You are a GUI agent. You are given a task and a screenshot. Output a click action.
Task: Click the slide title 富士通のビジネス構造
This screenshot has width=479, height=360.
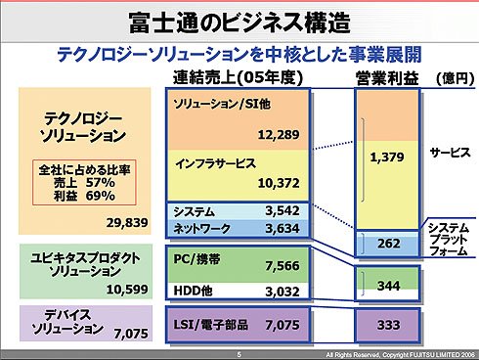click(239, 22)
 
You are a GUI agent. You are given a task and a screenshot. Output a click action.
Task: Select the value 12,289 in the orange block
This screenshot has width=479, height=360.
click(279, 135)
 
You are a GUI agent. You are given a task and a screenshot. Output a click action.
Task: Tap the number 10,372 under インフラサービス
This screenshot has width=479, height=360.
click(279, 183)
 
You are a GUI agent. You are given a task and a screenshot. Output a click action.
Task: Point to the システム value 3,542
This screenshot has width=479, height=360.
click(283, 210)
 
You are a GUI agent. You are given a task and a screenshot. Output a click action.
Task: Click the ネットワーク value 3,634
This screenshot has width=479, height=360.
click(283, 228)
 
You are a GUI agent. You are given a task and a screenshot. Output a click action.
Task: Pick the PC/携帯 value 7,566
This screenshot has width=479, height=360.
click(283, 266)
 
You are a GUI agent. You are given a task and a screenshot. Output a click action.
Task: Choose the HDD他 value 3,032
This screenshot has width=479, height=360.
click(283, 292)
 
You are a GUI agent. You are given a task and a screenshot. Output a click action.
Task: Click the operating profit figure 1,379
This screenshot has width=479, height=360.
click(387, 157)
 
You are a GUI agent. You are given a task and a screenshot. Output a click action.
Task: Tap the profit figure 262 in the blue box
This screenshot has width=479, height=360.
click(389, 244)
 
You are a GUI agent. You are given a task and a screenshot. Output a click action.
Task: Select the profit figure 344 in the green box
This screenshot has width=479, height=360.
click(389, 286)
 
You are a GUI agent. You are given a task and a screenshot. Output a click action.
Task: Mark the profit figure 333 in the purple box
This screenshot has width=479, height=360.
click(389, 325)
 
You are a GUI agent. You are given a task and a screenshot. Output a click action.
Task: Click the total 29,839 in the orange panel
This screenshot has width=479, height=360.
click(127, 223)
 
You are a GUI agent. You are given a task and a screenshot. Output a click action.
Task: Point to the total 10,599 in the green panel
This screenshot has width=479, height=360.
click(127, 290)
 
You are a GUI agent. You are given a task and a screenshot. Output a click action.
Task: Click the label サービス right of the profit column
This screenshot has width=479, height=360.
click(450, 153)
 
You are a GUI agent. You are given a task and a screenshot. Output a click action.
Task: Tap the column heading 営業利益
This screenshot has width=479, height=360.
click(387, 78)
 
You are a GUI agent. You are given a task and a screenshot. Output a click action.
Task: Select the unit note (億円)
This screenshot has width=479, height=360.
click(456, 78)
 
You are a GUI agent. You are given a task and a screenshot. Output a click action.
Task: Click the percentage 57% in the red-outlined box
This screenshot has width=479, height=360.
click(101, 183)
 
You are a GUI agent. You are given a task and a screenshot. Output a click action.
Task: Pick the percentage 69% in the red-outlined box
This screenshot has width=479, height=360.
click(101, 196)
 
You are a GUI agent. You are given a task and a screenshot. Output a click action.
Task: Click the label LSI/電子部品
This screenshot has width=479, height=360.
click(210, 325)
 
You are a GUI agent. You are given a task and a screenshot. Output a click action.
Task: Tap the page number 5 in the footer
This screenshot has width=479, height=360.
click(239, 354)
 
